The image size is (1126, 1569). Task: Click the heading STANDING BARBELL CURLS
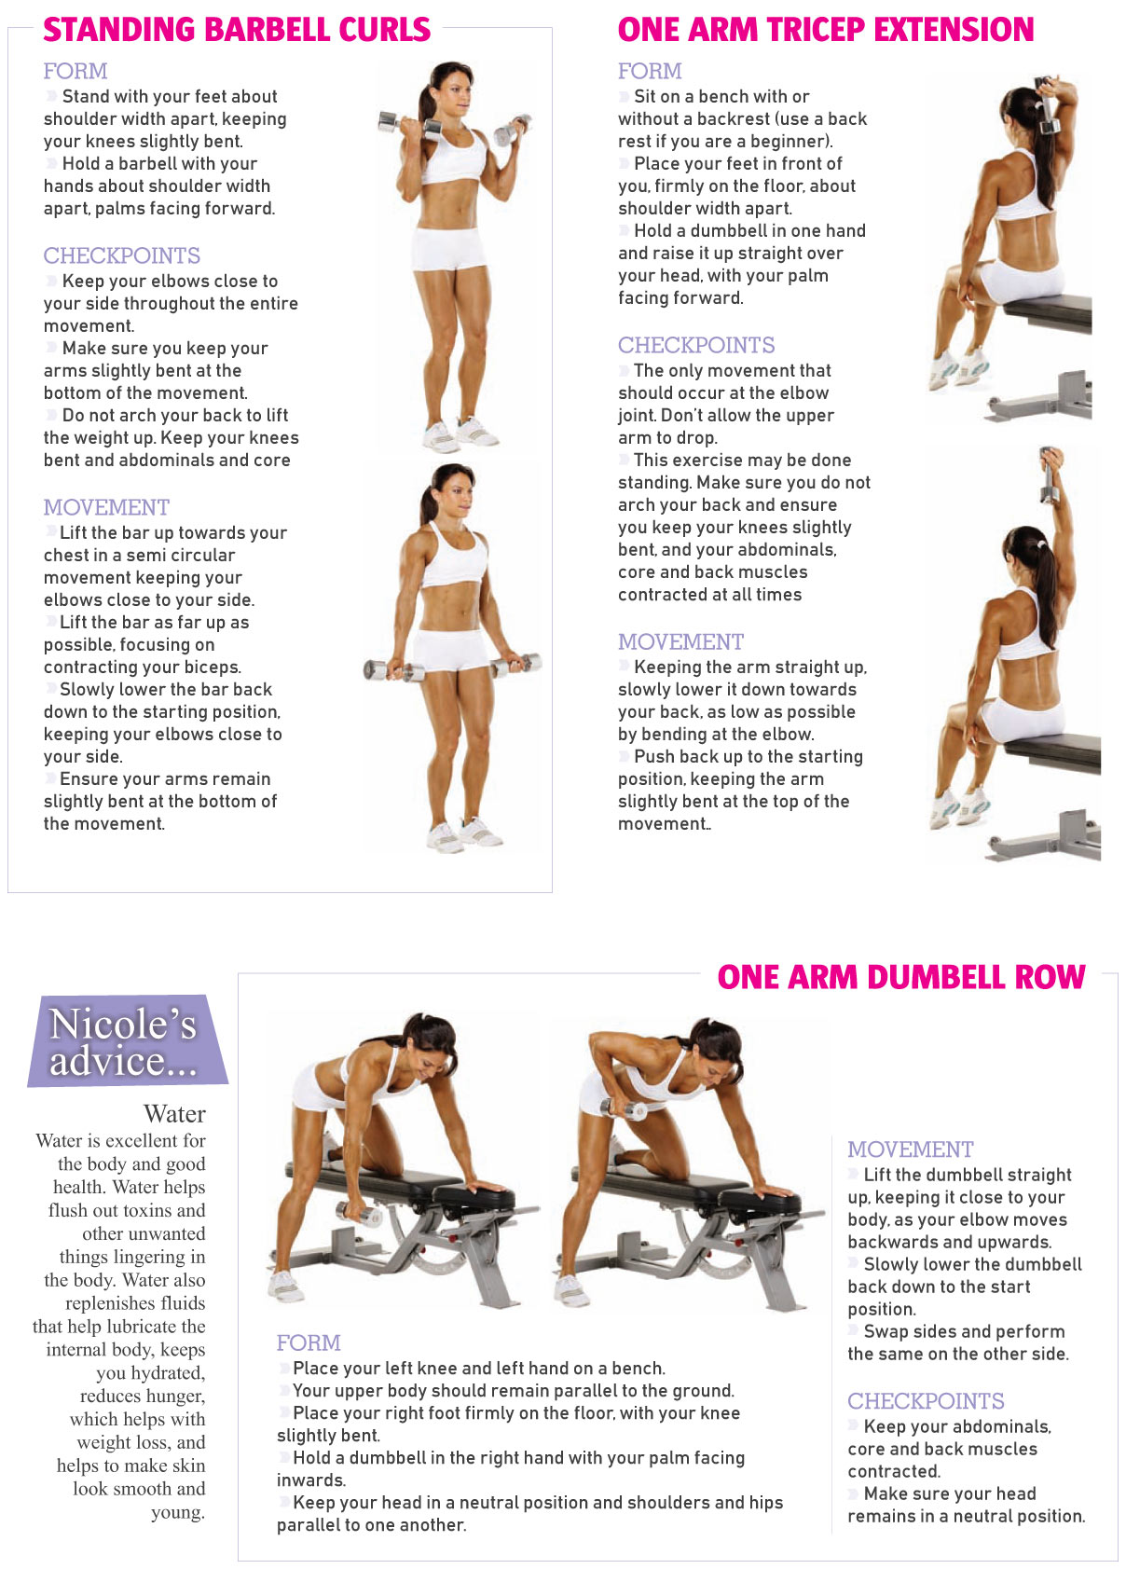click(237, 30)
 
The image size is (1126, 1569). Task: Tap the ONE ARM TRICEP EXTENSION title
click(826, 30)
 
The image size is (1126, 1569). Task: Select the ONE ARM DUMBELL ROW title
click(901, 977)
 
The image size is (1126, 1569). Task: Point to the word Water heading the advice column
click(174, 1114)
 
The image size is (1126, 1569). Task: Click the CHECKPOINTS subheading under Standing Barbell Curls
click(122, 255)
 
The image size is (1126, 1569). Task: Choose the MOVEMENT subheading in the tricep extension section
click(680, 641)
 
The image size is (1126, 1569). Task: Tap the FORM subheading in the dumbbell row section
click(309, 1342)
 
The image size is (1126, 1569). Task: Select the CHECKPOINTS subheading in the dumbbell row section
click(926, 1401)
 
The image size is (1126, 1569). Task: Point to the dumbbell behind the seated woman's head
click(1047, 105)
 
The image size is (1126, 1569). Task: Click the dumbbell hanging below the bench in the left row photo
click(359, 1213)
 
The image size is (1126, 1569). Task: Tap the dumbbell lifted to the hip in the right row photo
click(624, 1109)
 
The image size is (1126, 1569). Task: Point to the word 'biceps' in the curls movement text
click(213, 668)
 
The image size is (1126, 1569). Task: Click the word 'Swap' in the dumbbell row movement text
click(885, 1331)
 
